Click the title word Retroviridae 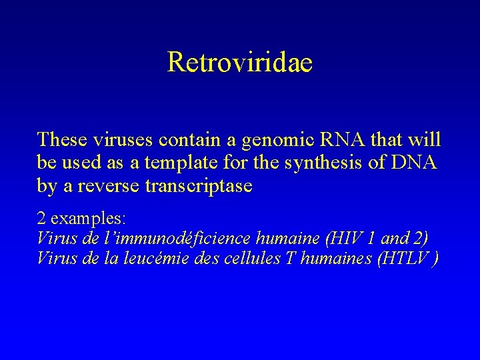coord(240,62)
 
